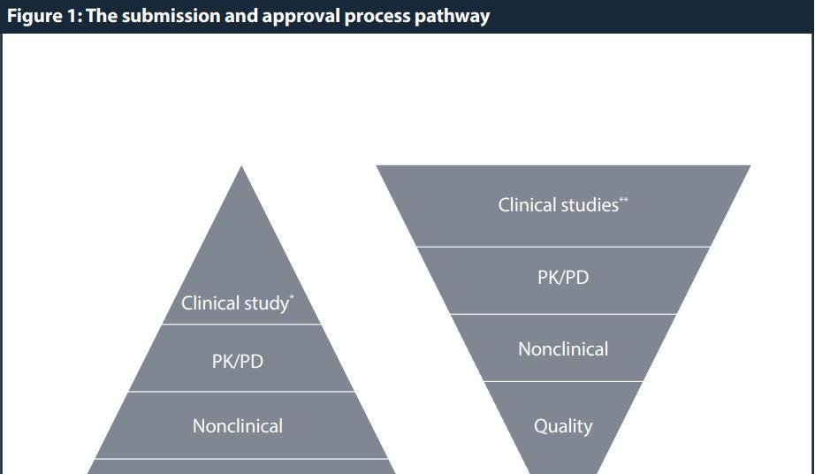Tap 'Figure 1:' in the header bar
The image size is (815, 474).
42,16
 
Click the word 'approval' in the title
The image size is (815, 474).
298,16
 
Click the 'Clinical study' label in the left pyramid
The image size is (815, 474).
235,303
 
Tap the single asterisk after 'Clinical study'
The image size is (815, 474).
293,298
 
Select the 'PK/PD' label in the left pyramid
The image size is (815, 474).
238,362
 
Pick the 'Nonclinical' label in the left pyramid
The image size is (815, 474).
238,426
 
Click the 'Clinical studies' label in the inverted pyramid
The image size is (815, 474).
558,205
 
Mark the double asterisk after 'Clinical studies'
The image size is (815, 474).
624,201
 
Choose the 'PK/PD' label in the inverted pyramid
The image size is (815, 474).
563,278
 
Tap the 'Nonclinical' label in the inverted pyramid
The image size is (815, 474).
563,349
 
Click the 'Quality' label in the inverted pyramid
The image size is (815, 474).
563,426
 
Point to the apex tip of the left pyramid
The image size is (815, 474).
241,168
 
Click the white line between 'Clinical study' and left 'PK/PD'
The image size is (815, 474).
241,325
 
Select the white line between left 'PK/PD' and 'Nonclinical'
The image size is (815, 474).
241,392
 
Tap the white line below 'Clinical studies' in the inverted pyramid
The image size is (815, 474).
563,247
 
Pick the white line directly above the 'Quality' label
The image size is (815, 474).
563,382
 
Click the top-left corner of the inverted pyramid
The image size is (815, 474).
378,166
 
